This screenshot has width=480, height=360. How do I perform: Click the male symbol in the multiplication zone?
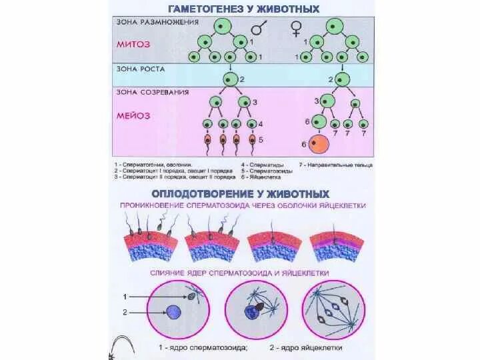(259, 29)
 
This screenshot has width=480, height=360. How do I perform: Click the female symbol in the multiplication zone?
(296, 29)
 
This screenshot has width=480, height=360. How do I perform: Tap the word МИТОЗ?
(133, 45)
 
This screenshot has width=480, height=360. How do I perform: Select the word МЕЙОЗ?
(133, 115)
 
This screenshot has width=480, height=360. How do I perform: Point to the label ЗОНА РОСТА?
(138, 67)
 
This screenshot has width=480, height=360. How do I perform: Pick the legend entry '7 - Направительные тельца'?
(335, 164)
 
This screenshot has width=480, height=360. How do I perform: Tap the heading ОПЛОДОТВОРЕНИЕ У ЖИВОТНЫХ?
(239, 193)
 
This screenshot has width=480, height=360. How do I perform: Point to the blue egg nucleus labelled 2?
(174, 312)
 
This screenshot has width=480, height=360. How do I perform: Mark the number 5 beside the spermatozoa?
(261, 140)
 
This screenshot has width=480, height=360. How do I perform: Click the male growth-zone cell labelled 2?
(229, 79)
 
